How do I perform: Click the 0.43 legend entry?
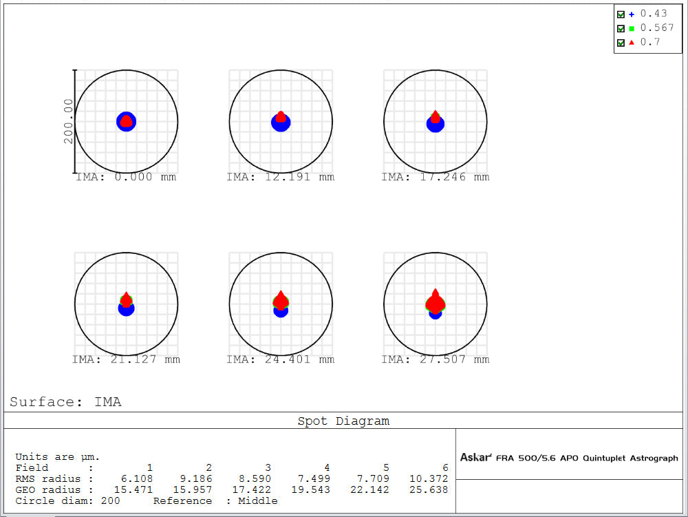(653, 14)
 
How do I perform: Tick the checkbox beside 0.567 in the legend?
(621, 28)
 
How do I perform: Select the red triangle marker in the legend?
(631, 43)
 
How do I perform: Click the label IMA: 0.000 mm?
(126, 178)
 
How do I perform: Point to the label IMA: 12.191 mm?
(281, 178)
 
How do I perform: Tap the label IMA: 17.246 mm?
(436, 178)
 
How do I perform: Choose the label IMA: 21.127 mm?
(126, 359)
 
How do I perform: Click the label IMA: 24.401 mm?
(281, 359)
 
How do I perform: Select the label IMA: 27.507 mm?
(436, 359)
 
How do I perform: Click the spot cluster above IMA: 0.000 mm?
(126, 122)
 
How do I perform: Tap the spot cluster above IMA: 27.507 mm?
(435, 304)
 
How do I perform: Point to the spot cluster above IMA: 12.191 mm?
(281, 122)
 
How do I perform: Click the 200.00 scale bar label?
(68, 121)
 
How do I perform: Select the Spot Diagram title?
(343, 421)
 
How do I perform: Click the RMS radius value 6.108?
(138, 478)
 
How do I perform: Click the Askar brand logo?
(475, 458)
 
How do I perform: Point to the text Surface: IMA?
(65, 402)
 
